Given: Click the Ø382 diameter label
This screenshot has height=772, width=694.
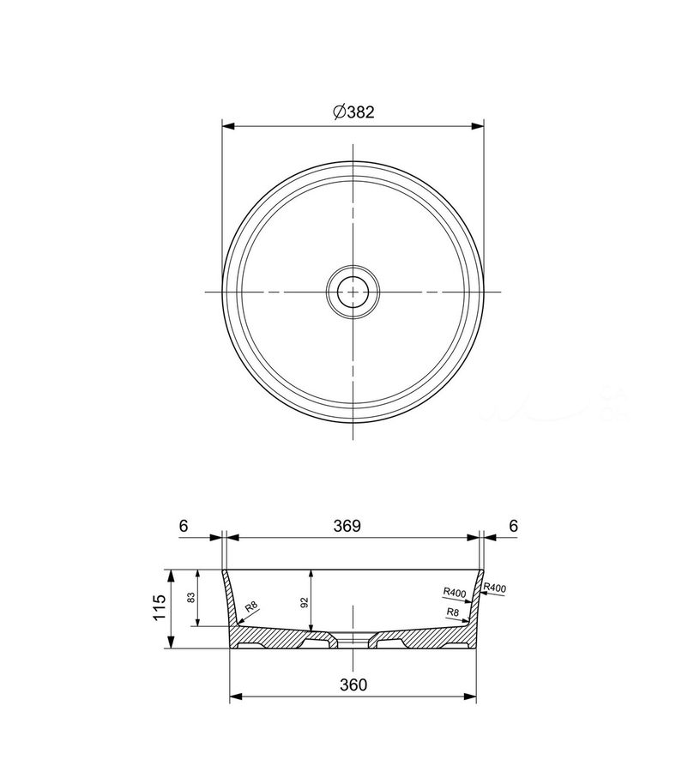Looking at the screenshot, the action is (x=353, y=112).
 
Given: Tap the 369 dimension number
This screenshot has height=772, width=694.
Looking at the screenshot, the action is (x=347, y=526).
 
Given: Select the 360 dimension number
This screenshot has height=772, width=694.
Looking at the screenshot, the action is (x=353, y=685).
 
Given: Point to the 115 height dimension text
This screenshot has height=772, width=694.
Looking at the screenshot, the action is (x=159, y=607).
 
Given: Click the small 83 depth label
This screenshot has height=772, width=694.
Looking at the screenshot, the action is (x=191, y=597).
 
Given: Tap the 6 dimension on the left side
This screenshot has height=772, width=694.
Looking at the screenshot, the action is (x=184, y=526).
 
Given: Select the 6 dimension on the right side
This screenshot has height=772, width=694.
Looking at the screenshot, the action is (x=513, y=526).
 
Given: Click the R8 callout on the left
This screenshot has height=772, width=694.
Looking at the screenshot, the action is (x=251, y=606).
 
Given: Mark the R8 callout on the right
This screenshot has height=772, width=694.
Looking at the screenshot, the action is (x=452, y=612).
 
